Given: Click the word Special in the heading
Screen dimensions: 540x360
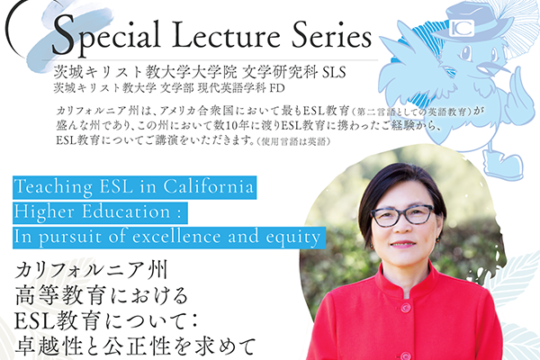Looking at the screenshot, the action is [x=106, y=36].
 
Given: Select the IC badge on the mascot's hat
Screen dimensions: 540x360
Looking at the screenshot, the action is [x=463, y=28].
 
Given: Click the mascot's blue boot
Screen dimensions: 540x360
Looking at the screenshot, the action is [x=501, y=165].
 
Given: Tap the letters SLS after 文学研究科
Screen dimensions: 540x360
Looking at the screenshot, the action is [x=334, y=72].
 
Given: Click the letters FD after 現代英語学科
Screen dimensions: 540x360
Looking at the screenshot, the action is [x=277, y=88].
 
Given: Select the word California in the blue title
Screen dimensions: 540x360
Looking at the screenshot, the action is [x=209, y=186].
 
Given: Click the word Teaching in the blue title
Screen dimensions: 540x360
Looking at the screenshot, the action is [x=53, y=187].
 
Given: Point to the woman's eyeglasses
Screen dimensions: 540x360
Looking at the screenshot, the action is [x=402, y=216].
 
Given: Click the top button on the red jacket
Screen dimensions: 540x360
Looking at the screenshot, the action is [x=405, y=307].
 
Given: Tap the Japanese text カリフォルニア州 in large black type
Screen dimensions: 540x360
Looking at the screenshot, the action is [x=91, y=271].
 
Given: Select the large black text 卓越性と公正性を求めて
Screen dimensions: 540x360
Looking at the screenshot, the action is [x=135, y=346].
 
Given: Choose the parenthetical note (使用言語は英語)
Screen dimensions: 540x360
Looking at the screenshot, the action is [x=293, y=141].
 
